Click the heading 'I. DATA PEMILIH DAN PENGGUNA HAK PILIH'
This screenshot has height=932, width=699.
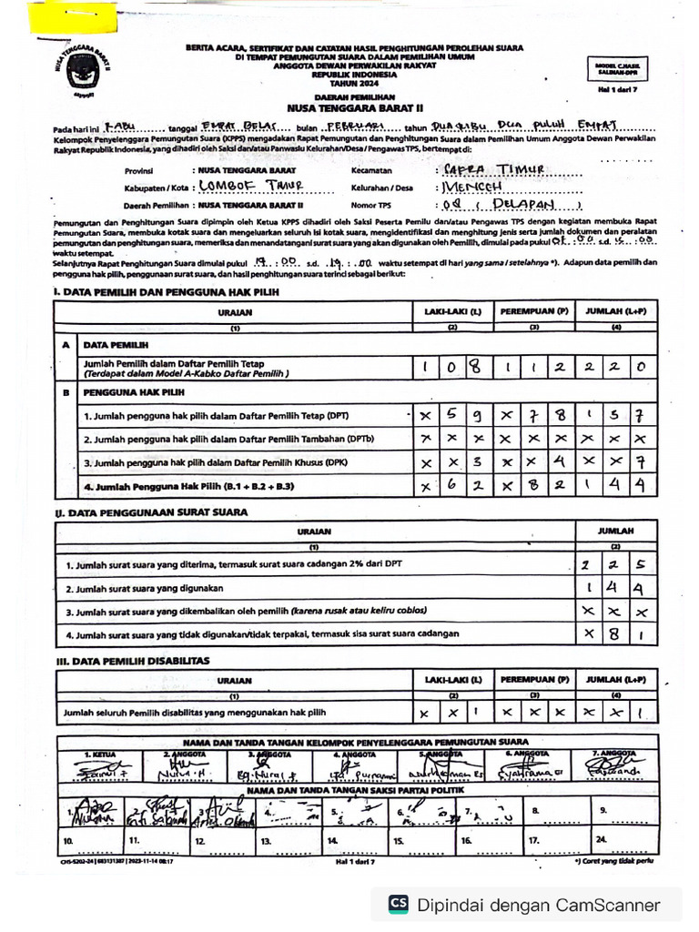(167, 291)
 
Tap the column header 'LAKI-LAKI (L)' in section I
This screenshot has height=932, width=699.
(452, 311)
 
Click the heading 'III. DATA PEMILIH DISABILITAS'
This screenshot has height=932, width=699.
(132, 660)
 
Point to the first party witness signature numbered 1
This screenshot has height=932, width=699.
(91, 813)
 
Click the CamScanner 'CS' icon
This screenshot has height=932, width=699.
(398, 905)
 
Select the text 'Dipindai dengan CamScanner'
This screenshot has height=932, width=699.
(538, 905)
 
